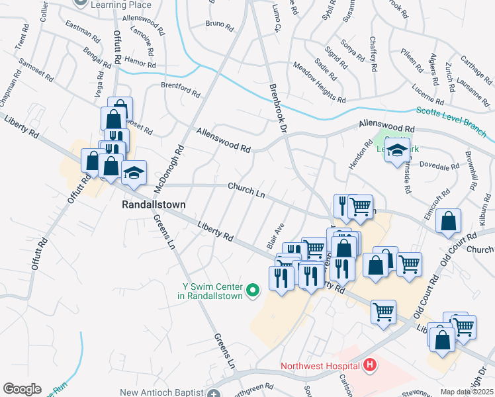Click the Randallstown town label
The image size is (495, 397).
[x=154, y=205]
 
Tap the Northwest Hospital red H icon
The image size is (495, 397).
[x=370, y=365]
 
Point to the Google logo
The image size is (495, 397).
[x=22, y=389]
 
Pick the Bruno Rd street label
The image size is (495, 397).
[x=220, y=26]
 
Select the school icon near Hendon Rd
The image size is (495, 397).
[x=397, y=152]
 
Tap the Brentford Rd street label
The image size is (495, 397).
[x=181, y=87]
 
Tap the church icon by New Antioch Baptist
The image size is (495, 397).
[x=213, y=393]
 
